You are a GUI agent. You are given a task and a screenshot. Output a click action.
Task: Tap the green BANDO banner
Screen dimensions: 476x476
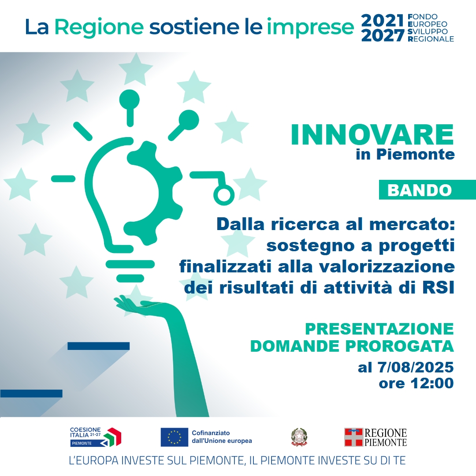tap(420, 190)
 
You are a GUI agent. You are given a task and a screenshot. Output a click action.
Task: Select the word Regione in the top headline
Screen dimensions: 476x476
tap(99, 27)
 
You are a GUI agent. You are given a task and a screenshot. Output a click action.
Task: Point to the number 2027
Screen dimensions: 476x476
tap(382, 36)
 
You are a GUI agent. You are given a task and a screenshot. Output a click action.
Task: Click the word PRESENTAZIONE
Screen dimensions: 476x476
tap(379, 329)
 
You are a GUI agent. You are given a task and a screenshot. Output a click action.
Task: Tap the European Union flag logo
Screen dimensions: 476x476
tap(174, 437)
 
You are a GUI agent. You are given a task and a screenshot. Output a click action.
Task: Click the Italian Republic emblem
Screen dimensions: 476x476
tap(298, 437)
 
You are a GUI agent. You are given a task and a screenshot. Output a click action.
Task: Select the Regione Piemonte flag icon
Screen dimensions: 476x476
tap(353, 437)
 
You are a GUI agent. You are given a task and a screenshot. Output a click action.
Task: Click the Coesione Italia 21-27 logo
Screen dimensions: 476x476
tap(95, 437)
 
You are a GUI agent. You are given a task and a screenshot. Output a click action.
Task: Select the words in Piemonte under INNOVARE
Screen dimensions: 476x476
tap(405, 155)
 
